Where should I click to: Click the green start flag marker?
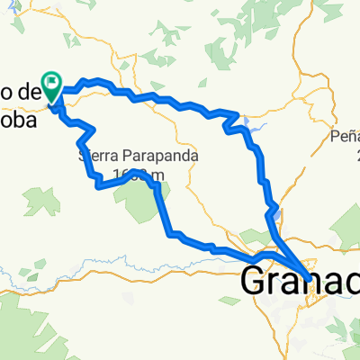click(52, 86)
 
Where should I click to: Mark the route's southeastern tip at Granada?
click(311, 278)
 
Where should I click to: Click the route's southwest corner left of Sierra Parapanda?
click(97, 184)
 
